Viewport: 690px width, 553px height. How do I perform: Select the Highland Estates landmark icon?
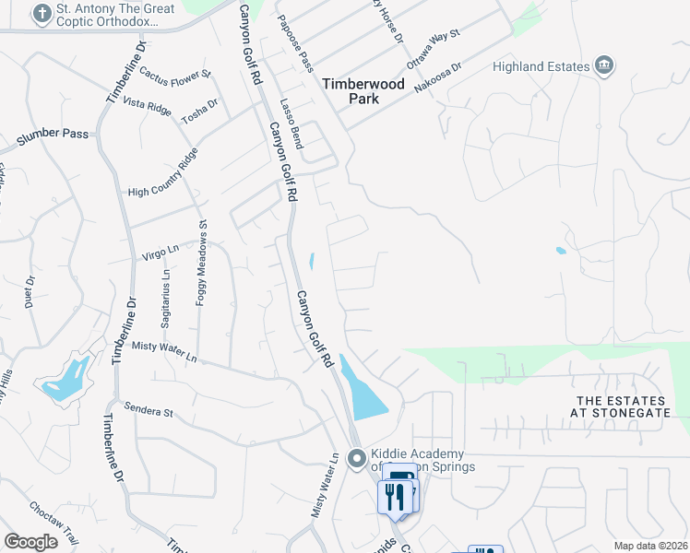tap(605, 65)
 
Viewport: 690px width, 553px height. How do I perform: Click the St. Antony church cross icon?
tap(41, 14)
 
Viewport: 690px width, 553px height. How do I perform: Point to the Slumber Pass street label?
tap(53, 134)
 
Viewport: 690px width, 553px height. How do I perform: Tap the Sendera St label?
tap(149, 410)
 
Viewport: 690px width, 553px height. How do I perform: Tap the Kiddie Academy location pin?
tap(358, 458)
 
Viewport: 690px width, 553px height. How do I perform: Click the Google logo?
tap(31, 541)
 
